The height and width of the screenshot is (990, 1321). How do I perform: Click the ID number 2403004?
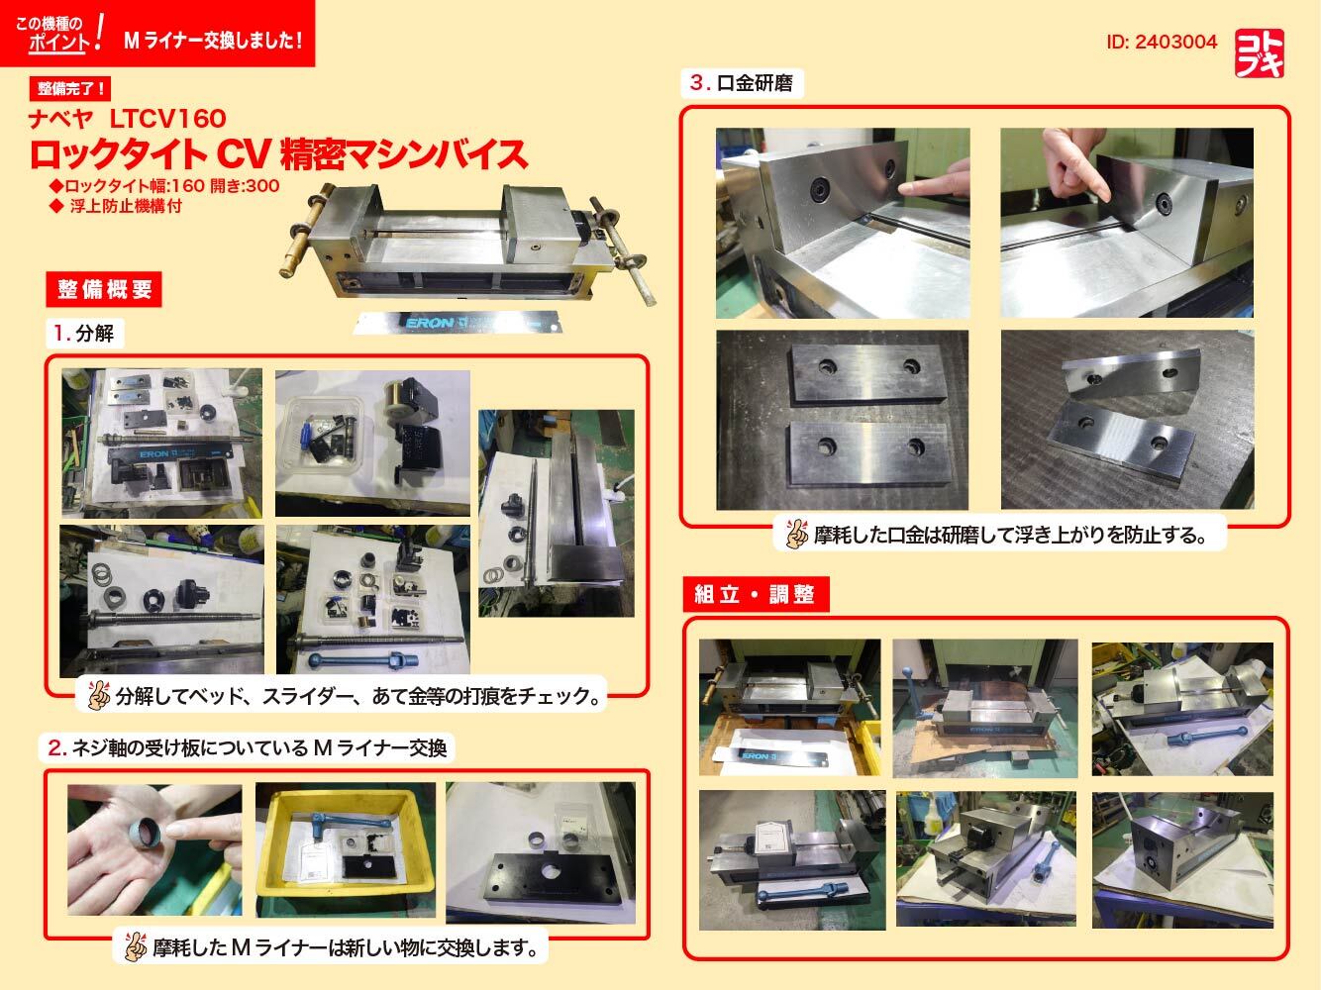pyautogui.click(x=1162, y=43)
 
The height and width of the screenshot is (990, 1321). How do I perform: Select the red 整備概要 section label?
pyautogui.click(x=104, y=289)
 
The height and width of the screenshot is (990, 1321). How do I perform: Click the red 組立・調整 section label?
pyautogui.click(x=755, y=594)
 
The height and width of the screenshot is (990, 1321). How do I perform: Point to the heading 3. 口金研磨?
pyautogui.click(x=742, y=83)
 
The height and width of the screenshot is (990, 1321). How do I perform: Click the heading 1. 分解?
pyautogui.click(x=84, y=334)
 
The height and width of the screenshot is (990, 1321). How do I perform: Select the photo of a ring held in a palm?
pyautogui.click(x=154, y=849)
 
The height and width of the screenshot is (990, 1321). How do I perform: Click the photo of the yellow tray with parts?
pyautogui.click(x=345, y=850)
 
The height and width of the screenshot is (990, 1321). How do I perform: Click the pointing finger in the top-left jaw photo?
pyautogui.click(x=931, y=184)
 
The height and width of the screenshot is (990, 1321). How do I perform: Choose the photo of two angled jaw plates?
pyautogui.click(x=1127, y=420)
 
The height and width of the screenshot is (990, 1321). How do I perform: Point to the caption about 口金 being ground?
pyautogui.click(x=1010, y=536)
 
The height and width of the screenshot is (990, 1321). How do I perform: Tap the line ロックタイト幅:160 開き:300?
pyautogui.click(x=163, y=186)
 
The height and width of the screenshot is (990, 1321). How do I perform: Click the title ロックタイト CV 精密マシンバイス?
pyautogui.click(x=277, y=154)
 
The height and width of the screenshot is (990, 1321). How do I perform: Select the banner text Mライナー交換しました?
pyautogui.click(x=212, y=41)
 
